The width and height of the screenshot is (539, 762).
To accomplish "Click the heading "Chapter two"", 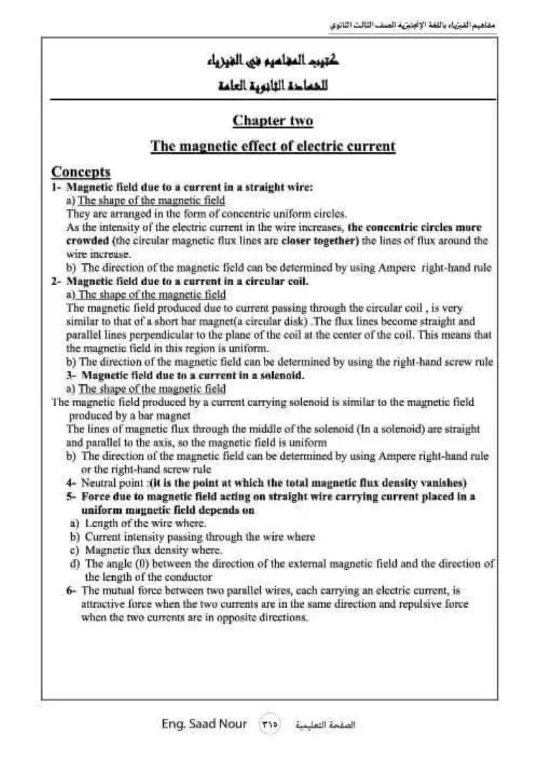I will pyautogui.click(x=272, y=120).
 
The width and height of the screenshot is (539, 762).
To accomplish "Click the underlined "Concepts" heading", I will pyautogui.click(x=80, y=172).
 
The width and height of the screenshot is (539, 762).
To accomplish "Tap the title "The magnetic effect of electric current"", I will pyautogui.click(x=272, y=147).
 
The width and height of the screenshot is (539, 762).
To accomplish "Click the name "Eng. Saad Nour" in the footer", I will pyautogui.click(x=204, y=723).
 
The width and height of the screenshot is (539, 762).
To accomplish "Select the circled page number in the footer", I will pyautogui.click(x=269, y=724).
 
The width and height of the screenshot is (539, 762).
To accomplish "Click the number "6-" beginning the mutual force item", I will pyautogui.click(x=71, y=590).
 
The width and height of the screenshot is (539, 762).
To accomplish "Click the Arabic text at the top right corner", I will pyautogui.click(x=413, y=24).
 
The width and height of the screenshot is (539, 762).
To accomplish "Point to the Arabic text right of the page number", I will pyautogui.click(x=326, y=725).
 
